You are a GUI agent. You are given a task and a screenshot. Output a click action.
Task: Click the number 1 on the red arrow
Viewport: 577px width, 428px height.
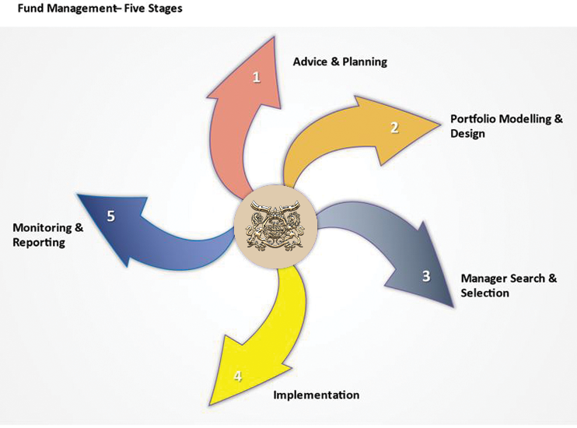point(257,76)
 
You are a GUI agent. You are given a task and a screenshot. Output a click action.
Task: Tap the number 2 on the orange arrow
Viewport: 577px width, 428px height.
point(394,128)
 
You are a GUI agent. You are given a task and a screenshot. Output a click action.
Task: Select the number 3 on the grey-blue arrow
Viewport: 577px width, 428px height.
point(426,275)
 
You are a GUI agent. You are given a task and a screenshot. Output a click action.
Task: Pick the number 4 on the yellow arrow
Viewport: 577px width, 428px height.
point(238,377)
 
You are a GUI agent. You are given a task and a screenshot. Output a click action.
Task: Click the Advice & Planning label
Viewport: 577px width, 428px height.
point(340,61)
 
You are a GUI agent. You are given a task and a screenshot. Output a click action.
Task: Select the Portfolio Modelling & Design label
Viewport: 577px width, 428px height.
point(506,126)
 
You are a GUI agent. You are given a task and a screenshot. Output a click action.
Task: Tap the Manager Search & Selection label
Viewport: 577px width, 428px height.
point(509,286)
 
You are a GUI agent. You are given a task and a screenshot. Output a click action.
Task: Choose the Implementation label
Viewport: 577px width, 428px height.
point(316,395)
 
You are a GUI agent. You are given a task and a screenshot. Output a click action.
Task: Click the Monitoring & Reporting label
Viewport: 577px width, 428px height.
point(48,235)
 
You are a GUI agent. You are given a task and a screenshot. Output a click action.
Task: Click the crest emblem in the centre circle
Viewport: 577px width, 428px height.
point(276,226)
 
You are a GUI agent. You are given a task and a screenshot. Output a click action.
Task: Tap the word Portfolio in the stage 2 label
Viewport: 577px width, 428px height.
point(477,119)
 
